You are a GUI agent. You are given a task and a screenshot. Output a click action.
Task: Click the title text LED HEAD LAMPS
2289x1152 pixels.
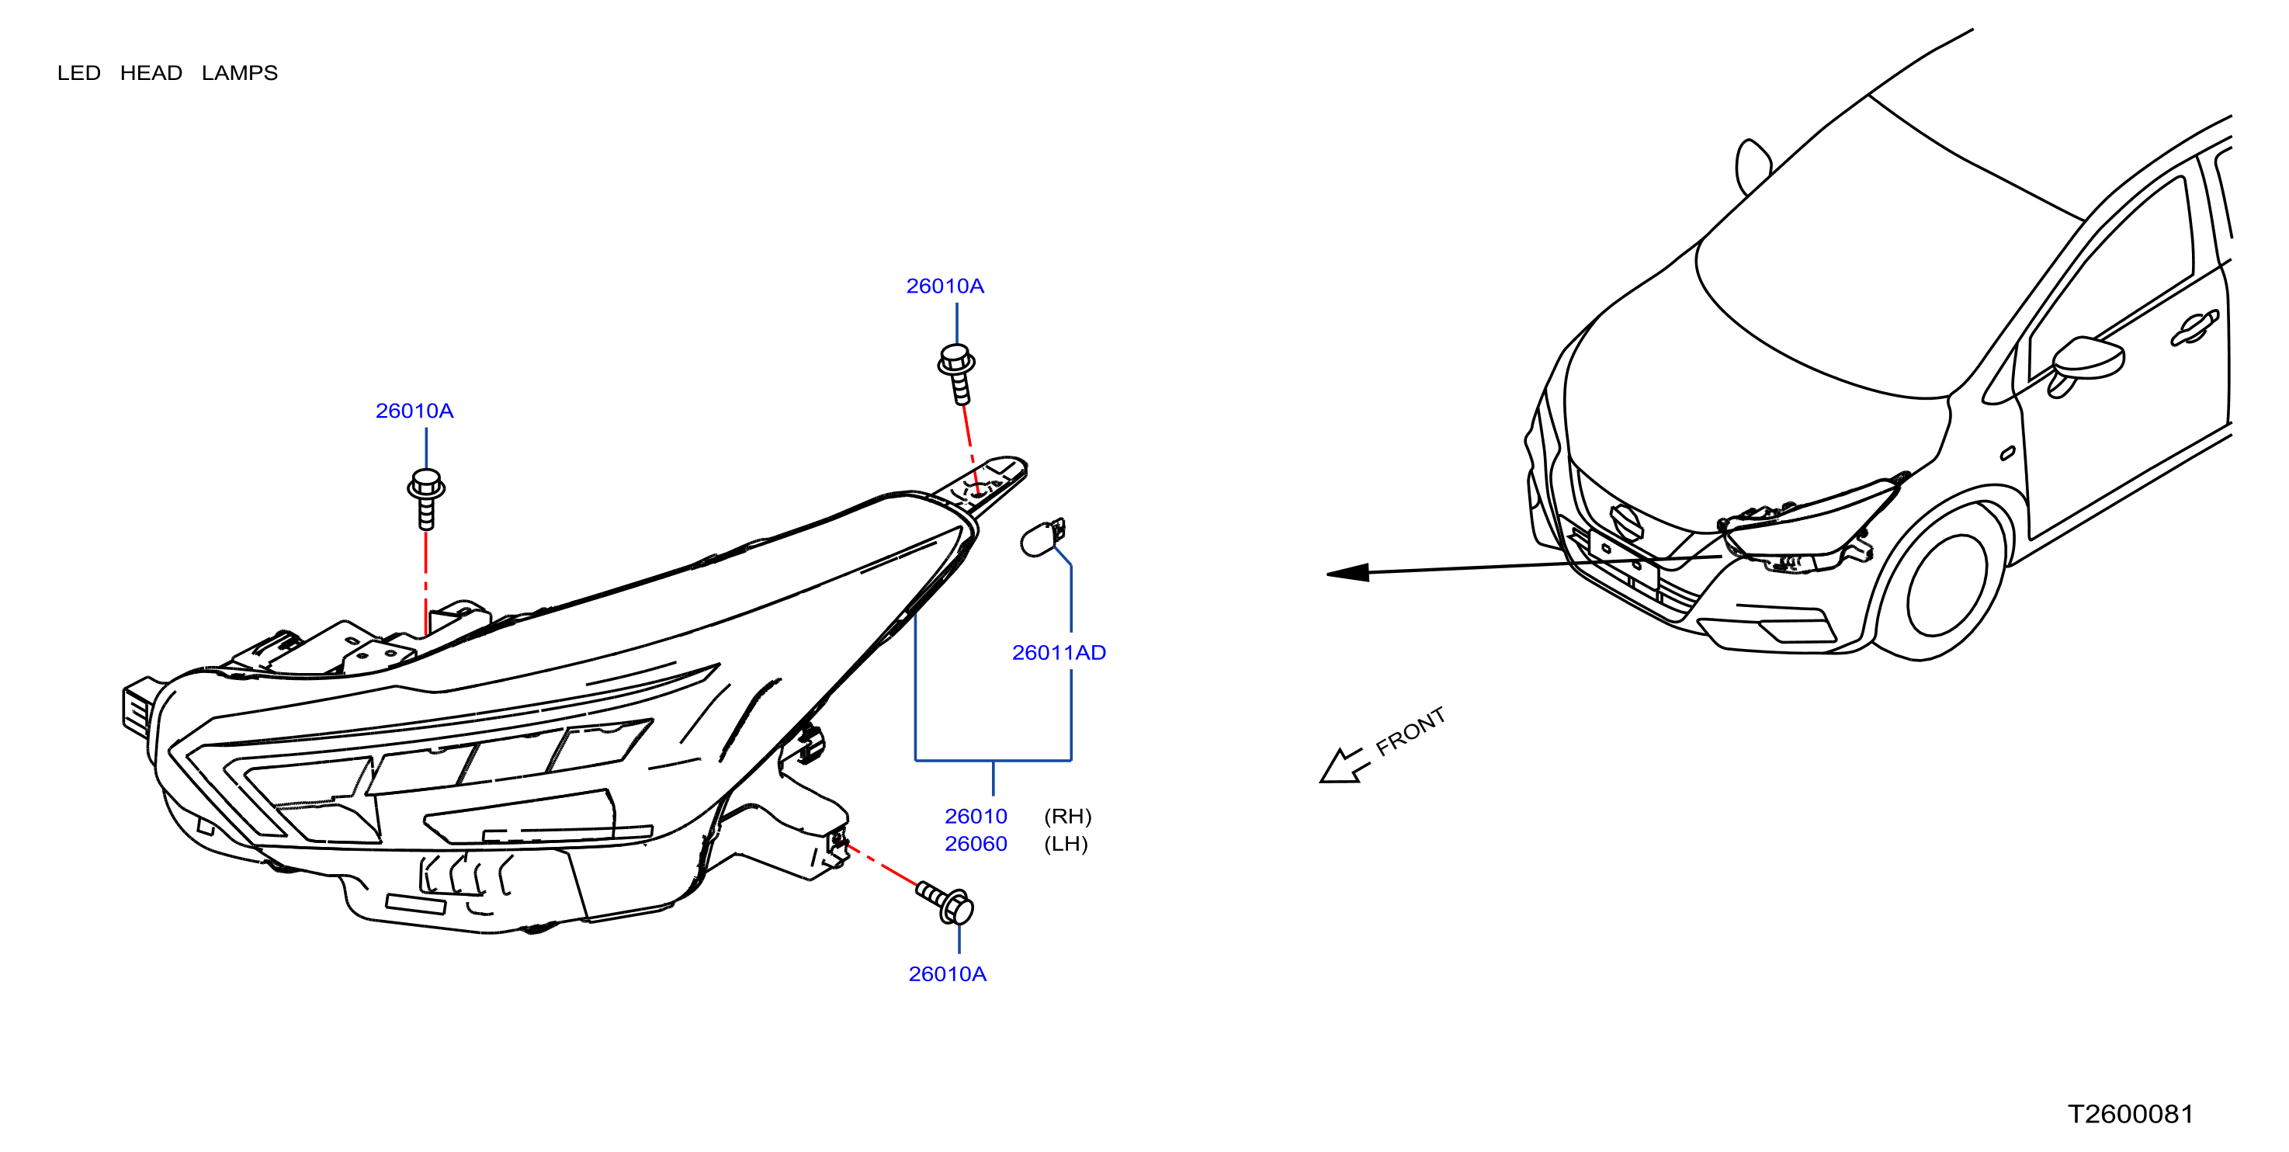[167, 73]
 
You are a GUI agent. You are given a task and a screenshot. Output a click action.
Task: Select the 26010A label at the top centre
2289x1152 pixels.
[945, 286]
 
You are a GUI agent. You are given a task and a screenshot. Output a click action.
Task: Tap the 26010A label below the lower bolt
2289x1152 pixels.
[947, 974]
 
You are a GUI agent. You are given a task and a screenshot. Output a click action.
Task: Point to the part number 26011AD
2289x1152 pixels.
[1060, 652]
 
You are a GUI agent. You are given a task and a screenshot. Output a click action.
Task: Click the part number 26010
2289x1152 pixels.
[976, 816]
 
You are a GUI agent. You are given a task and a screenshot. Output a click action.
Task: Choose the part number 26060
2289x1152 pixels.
[976, 844]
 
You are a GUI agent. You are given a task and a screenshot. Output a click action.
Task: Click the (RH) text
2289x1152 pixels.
[1067, 816]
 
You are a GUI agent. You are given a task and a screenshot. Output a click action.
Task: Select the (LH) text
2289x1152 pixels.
[1066, 844]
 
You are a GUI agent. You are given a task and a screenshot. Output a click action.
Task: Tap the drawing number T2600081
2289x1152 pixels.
[2131, 1114]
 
